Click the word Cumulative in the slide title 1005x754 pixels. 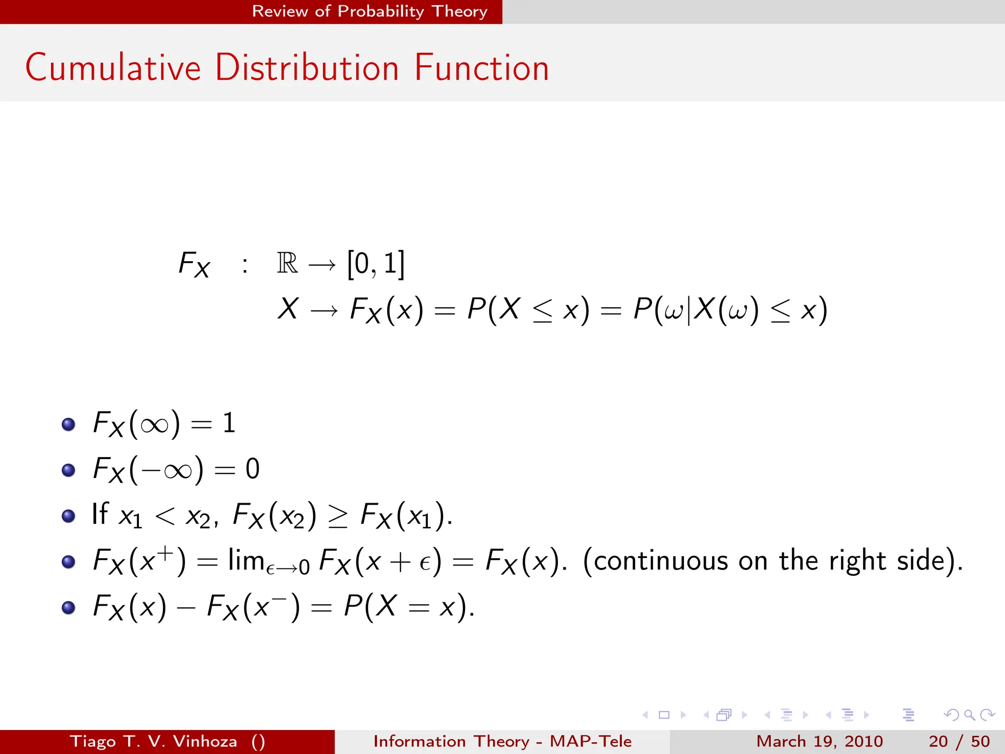click(x=113, y=68)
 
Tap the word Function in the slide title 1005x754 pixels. click(x=481, y=68)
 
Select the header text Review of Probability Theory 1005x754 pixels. click(x=370, y=11)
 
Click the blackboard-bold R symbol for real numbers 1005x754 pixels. click(x=287, y=264)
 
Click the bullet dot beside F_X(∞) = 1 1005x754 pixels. click(x=68, y=424)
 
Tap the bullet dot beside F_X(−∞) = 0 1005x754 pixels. click(x=68, y=470)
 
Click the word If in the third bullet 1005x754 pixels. click(x=100, y=514)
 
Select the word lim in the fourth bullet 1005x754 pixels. click(x=246, y=560)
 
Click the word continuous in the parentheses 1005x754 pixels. click(x=661, y=561)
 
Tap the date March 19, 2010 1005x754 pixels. click(x=820, y=741)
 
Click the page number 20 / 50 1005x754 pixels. click(x=959, y=741)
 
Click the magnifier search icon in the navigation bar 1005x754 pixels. click(x=969, y=715)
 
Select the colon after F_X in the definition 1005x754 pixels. click(x=244, y=266)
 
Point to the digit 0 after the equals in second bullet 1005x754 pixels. click(x=252, y=469)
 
